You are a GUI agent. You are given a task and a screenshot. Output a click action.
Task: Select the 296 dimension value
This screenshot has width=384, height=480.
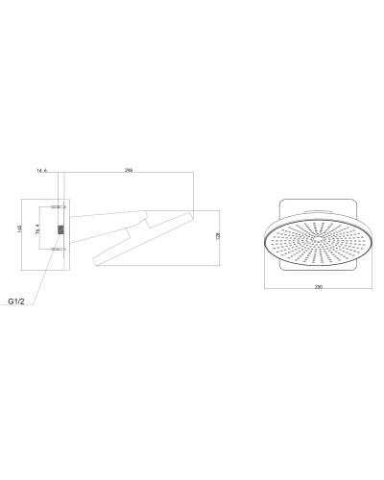point(128,170)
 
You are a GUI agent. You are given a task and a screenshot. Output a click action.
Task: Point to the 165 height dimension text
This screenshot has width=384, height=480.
point(18,230)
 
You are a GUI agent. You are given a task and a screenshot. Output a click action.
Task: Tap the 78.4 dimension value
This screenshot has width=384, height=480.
point(37,230)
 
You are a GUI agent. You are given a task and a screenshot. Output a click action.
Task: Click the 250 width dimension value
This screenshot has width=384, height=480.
point(318,287)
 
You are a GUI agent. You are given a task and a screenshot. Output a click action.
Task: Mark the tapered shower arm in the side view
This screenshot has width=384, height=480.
point(106,224)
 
